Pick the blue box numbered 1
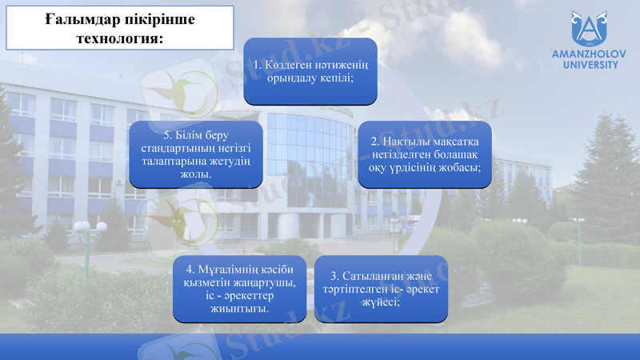pyautogui.click(x=310, y=71)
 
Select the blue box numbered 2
pyautogui.click(x=424, y=154)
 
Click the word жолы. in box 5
pyautogui.click(x=197, y=174)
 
